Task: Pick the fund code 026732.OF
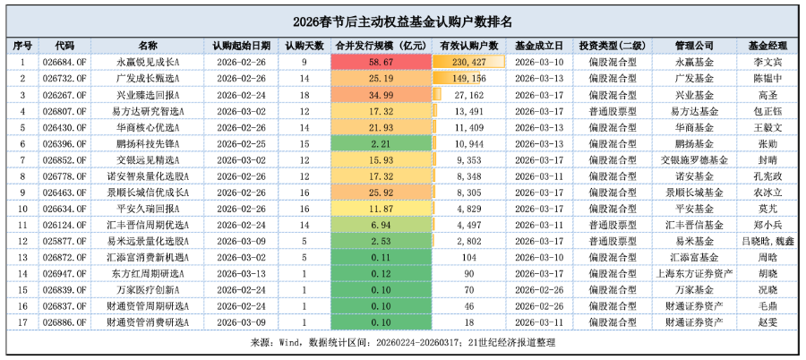click(64, 78)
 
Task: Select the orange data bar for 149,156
click(460, 78)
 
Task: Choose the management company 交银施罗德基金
click(694, 159)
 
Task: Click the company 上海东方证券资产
click(694, 273)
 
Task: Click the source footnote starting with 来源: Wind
click(403, 341)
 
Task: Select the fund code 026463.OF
click(64, 192)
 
